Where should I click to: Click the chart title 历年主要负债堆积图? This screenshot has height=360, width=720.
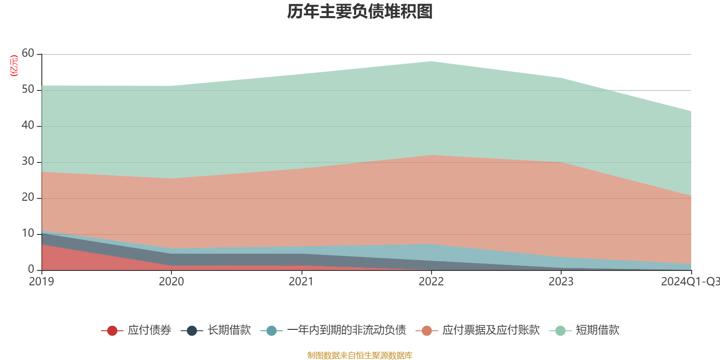click(x=360, y=12)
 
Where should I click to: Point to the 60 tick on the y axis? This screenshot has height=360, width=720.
click(x=28, y=54)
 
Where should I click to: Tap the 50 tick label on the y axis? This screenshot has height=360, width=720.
click(x=28, y=90)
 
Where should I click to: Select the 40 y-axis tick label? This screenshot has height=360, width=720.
click(x=28, y=126)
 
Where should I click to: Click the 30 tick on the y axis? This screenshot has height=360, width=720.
click(x=28, y=162)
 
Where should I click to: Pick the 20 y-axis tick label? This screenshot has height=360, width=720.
click(x=28, y=198)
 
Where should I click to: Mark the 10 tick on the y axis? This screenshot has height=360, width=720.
click(x=28, y=234)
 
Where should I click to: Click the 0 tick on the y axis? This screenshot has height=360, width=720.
click(x=31, y=270)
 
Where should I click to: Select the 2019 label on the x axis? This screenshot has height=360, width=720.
click(x=41, y=282)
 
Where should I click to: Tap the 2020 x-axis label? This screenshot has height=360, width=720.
click(x=171, y=282)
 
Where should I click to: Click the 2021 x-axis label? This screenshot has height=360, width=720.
click(x=301, y=282)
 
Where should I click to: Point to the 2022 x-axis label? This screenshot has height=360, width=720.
click(x=431, y=282)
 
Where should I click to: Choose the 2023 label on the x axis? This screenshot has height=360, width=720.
click(x=561, y=282)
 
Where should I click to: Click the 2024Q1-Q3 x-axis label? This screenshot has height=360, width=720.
click(x=690, y=282)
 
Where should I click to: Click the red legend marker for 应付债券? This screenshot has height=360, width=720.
click(x=112, y=331)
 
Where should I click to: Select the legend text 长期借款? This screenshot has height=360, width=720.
click(x=229, y=330)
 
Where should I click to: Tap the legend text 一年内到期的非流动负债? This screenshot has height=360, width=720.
click(x=346, y=330)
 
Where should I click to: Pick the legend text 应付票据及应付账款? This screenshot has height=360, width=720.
click(x=490, y=330)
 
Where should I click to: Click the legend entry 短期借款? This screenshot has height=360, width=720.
click(x=597, y=330)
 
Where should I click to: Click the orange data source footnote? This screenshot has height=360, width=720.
click(x=360, y=355)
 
